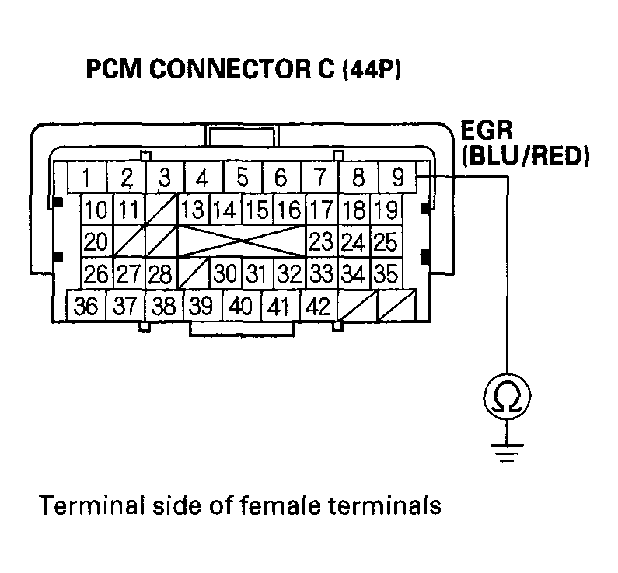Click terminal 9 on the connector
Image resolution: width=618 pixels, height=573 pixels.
coord(397,179)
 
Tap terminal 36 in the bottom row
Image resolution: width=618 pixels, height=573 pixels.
coord(87,306)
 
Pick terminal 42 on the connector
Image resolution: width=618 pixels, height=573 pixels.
coord(317,306)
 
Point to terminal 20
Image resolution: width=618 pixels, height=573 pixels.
coord(96,241)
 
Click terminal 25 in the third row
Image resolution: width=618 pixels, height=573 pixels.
coord(385,241)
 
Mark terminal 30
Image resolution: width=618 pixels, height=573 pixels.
coord(225,273)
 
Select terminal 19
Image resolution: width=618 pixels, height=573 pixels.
coord(385,210)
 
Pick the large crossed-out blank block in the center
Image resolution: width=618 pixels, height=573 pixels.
coord(243,241)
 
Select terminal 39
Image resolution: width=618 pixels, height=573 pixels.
coord(201,306)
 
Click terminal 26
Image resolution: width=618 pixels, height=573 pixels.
coord(96,273)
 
